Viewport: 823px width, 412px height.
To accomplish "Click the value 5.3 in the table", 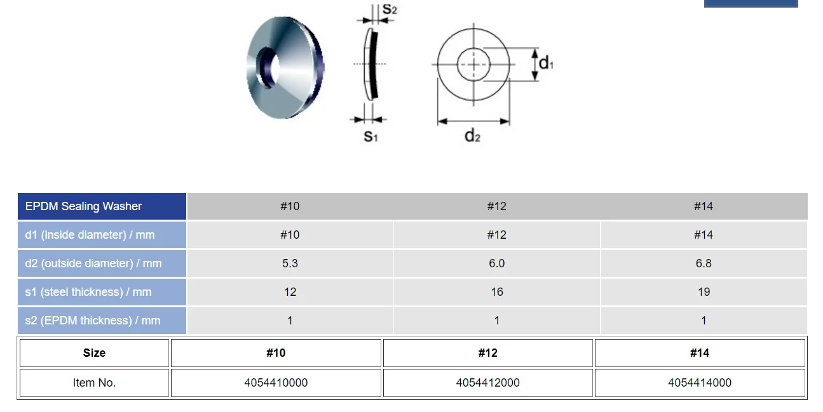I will click(290, 263).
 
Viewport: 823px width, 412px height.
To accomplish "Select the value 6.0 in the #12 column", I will click(496, 263).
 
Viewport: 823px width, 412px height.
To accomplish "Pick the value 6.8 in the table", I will click(703, 263).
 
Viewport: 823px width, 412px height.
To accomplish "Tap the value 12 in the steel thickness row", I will click(290, 292).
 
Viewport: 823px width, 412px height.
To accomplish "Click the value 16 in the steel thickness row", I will click(496, 292).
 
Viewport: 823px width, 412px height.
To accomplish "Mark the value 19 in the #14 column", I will click(703, 292).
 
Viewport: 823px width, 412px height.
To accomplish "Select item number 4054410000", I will click(276, 383).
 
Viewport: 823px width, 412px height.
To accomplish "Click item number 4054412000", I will click(487, 383).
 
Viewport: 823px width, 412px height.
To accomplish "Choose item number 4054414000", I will click(699, 383).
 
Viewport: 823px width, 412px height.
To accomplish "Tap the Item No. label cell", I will click(94, 383).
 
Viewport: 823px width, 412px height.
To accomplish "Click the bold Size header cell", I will click(94, 353).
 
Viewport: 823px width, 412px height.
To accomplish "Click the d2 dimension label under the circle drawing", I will click(472, 135).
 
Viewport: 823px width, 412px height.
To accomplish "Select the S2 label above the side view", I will click(390, 10).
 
